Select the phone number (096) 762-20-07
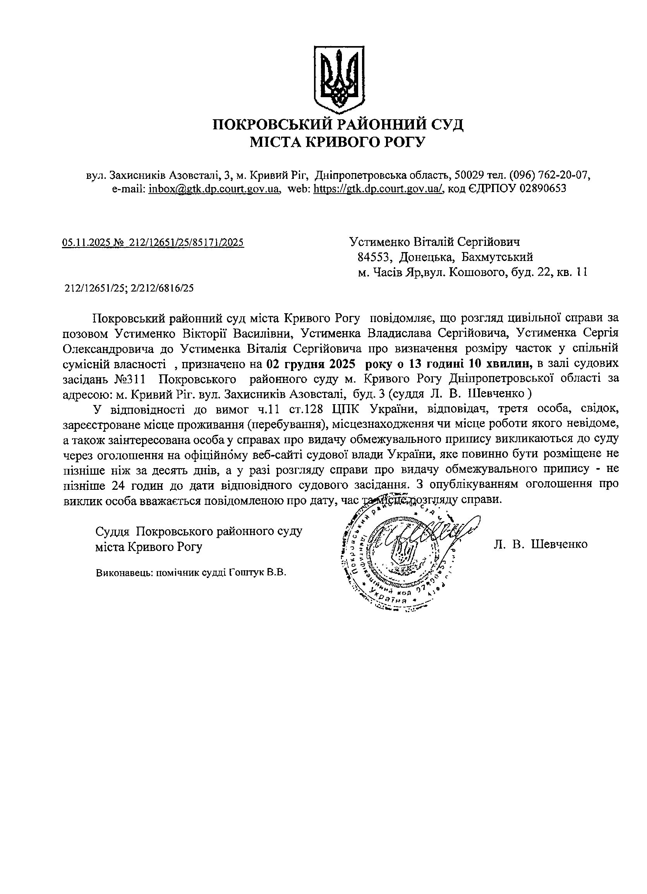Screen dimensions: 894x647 pos(549,175)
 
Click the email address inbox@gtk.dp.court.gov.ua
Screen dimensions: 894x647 pos(214,189)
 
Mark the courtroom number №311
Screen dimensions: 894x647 pos(129,379)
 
